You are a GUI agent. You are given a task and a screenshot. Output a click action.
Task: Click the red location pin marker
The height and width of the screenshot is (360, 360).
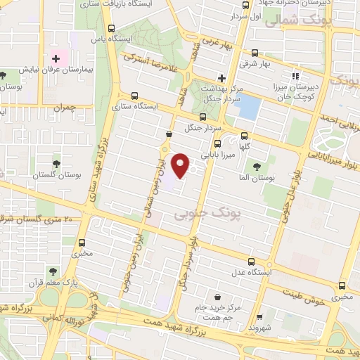tap(181, 166)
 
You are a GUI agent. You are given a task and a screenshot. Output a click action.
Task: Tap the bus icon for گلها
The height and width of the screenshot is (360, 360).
tap(244, 136)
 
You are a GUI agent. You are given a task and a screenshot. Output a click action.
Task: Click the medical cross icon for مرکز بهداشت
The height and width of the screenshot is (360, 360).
tap(221, 78)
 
